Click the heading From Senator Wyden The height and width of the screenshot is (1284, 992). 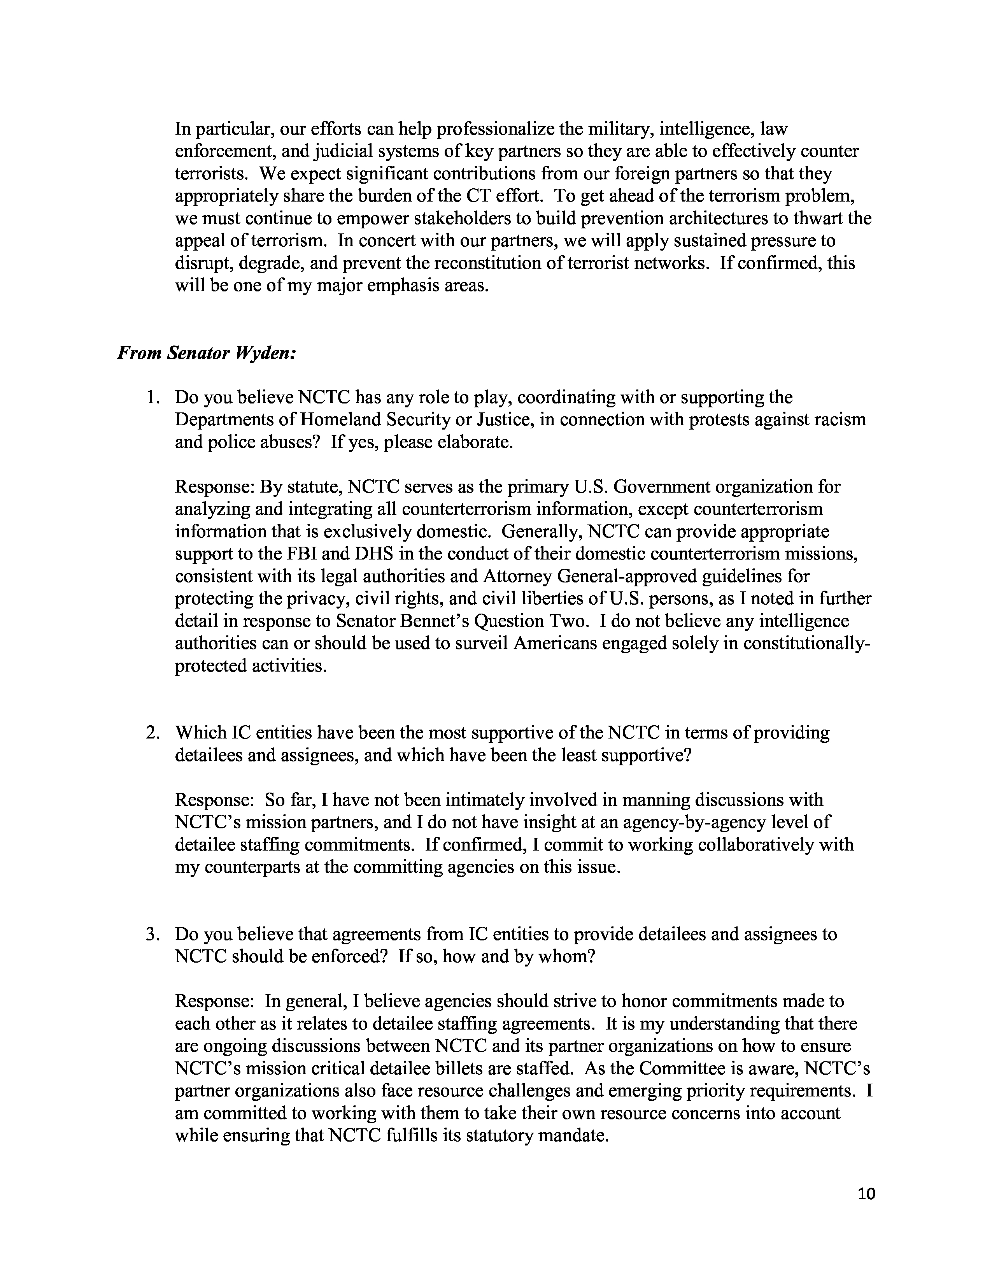point(206,353)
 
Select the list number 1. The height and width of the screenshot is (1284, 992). point(152,398)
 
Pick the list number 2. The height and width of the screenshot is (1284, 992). point(152,733)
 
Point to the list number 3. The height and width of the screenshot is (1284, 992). point(152,934)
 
